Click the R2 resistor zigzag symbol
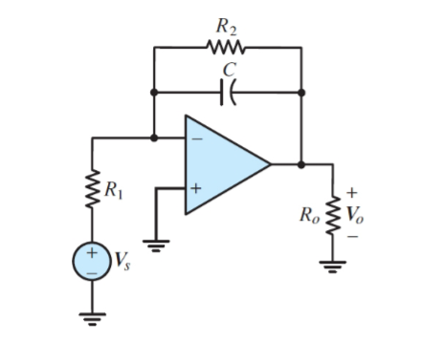click(227, 46)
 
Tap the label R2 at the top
click(227, 21)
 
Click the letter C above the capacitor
click(228, 69)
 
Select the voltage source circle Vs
click(93, 260)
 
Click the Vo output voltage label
click(356, 212)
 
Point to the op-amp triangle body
click(222, 163)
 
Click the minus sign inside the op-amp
click(195, 139)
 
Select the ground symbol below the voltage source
click(93, 316)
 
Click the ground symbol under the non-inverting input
click(156, 242)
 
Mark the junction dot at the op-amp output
click(302, 163)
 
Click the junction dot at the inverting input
click(154, 138)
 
